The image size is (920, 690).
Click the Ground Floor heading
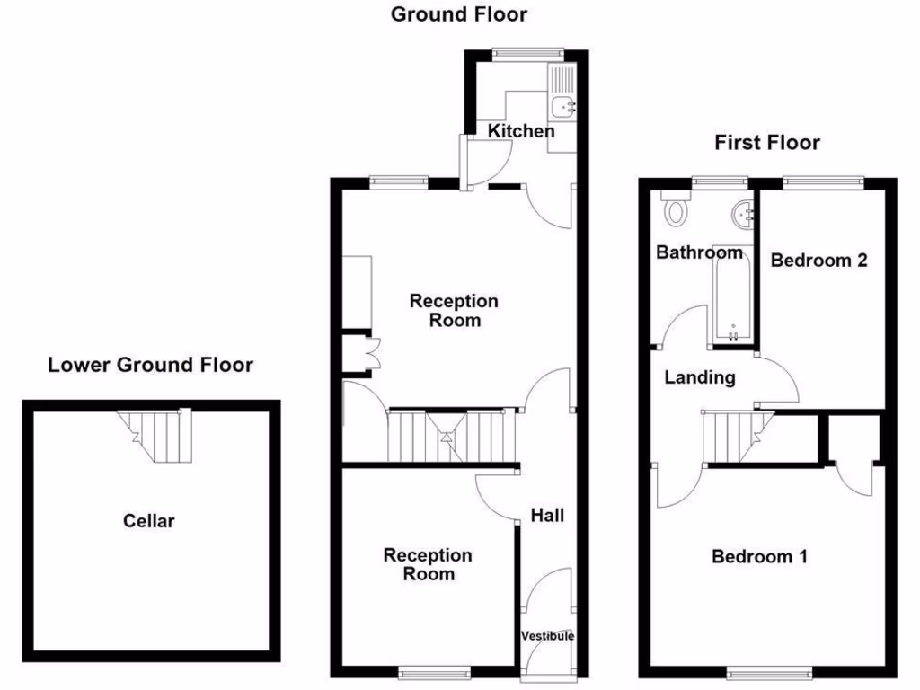pyautogui.click(x=459, y=14)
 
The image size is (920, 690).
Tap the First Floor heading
pyautogui.click(x=767, y=142)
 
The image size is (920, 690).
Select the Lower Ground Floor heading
pyautogui.click(x=150, y=365)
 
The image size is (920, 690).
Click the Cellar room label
pyautogui.click(x=149, y=520)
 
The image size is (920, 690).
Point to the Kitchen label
pyautogui.click(x=521, y=131)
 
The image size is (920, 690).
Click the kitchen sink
pyautogui.click(x=565, y=106)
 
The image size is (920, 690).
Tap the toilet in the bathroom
pyautogui.click(x=675, y=211)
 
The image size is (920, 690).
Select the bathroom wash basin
pyautogui.click(x=743, y=213)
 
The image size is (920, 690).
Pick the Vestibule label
pyautogui.click(x=547, y=636)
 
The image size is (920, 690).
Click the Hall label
pyautogui.click(x=547, y=515)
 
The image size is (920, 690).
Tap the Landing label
pyautogui.click(x=700, y=377)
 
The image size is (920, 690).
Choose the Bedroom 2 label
pyautogui.click(x=819, y=261)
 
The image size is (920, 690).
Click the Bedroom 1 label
pyautogui.click(x=759, y=557)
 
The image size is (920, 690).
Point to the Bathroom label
pyautogui.click(x=699, y=252)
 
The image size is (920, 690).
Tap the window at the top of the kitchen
pyautogui.click(x=527, y=53)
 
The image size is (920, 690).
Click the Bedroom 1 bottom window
pyautogui.click(x=767, y=671)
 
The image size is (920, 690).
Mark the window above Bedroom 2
pyautogui.click(x=824, y=182)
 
